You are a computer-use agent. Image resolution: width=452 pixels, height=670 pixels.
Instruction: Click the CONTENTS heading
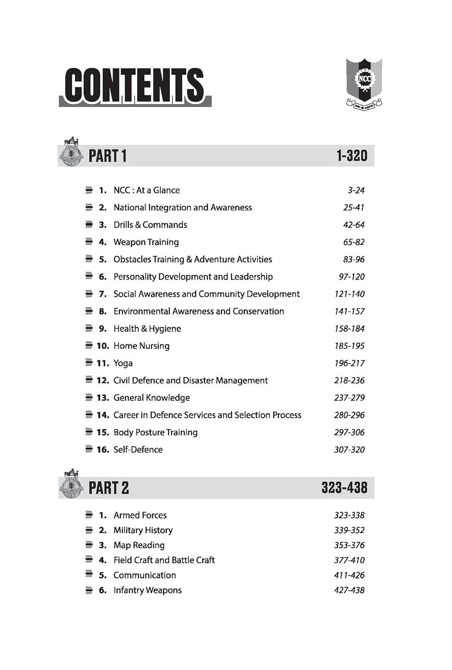tap(134, 85)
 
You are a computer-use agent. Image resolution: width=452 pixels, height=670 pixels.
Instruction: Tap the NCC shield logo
tap(364, 83)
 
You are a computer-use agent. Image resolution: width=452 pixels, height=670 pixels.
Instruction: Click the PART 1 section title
tap(108, 156)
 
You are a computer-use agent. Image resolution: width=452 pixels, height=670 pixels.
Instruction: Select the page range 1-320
tap(352, 156)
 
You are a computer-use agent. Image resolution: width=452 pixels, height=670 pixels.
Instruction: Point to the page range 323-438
tap(344, 488)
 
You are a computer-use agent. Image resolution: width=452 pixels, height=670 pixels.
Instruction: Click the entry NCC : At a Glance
tap(146, 190)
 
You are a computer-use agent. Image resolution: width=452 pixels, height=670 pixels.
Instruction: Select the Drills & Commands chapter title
tap(150, 225)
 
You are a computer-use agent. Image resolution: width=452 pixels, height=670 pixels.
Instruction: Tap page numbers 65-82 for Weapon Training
tap(353, 242)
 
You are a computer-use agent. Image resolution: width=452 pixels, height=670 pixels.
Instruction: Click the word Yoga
tap(123, 363)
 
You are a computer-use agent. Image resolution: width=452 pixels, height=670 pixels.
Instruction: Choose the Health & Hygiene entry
tap(147, 329)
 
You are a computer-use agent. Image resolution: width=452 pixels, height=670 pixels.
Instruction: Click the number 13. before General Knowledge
tap(103, 398)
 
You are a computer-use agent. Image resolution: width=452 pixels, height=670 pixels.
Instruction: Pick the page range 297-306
tap(349, 432)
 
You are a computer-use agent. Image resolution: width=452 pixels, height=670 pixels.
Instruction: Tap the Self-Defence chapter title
tap(138, 450)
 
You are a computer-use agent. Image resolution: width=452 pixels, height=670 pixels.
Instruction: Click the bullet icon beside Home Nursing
tap(89, 346)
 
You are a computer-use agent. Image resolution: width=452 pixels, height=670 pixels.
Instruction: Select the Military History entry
tap(143, 530)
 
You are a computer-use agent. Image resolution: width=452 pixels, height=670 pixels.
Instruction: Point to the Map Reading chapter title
tap(139, 545)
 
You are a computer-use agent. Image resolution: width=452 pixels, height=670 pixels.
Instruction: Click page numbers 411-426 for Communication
tap(349, 575)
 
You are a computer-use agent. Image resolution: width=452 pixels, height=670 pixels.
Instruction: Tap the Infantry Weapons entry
tap(147, 590)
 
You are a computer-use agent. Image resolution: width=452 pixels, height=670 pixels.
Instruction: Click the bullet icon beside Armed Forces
tap(89, 515)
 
